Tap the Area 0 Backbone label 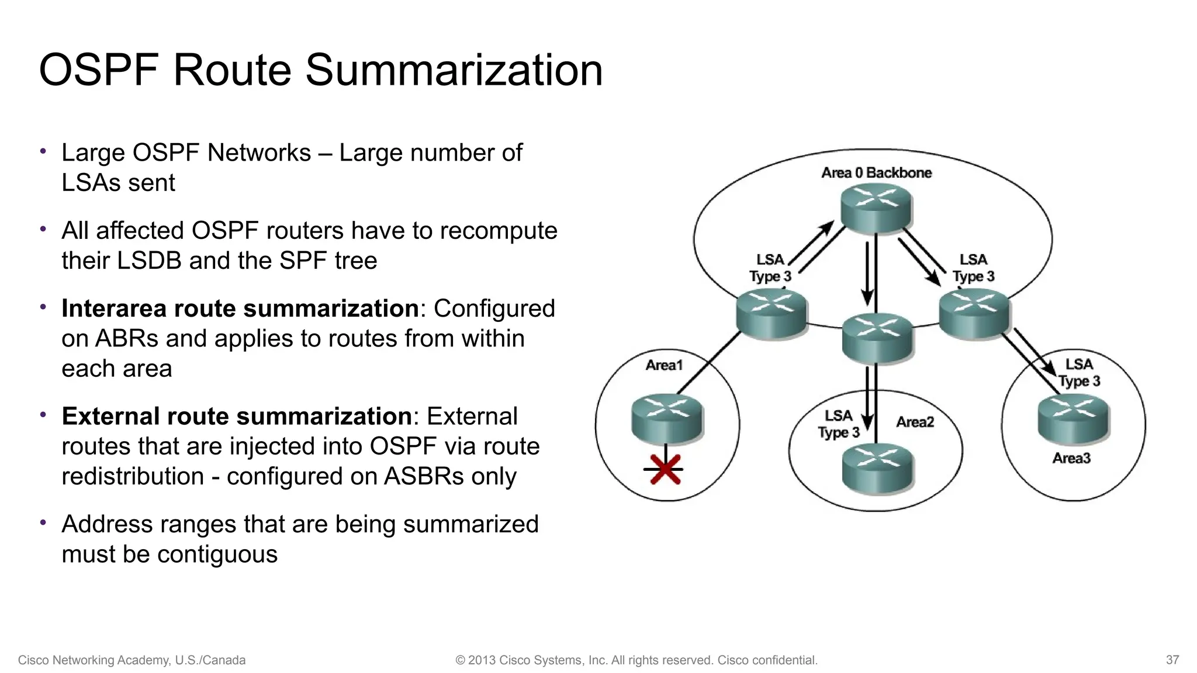click(876, 173)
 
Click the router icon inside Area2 click(877, 467)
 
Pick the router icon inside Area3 click(1073, 418)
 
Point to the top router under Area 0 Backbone click(876, 207)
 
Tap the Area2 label click(915, 422)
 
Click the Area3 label click(1071, 458)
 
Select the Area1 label click(664, 365)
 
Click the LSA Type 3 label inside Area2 click(838, 424)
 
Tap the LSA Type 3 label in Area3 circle click(1079, 373)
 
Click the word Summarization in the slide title click(454, 70)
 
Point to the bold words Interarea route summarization click(240, 308)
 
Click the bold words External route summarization click(237, 416)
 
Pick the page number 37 click(1172, 660)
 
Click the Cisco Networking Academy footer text click(132, 660)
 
